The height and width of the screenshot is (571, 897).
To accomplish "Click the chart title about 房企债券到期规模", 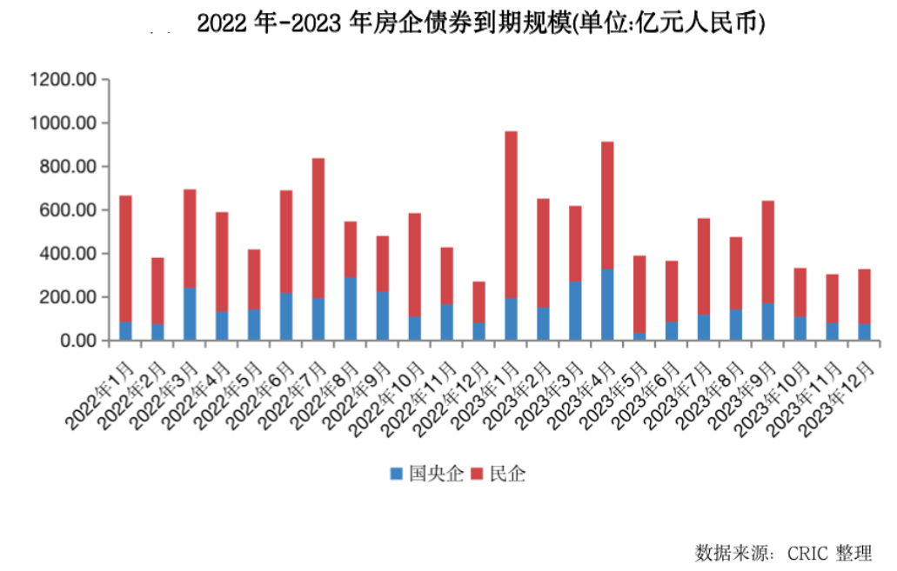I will pos(480,23).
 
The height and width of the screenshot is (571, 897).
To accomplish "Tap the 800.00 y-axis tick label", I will pos(65,167).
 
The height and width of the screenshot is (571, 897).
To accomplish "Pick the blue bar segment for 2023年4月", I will pos(607,304).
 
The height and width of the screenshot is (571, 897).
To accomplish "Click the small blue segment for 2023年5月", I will pos(639,336).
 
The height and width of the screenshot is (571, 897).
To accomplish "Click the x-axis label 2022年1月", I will pos(101,396).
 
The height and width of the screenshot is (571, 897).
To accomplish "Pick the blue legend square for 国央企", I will pos(397,475).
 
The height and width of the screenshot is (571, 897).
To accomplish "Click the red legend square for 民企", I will pos(477,475).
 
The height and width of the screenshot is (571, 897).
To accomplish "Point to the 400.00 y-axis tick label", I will pos(65,254).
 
